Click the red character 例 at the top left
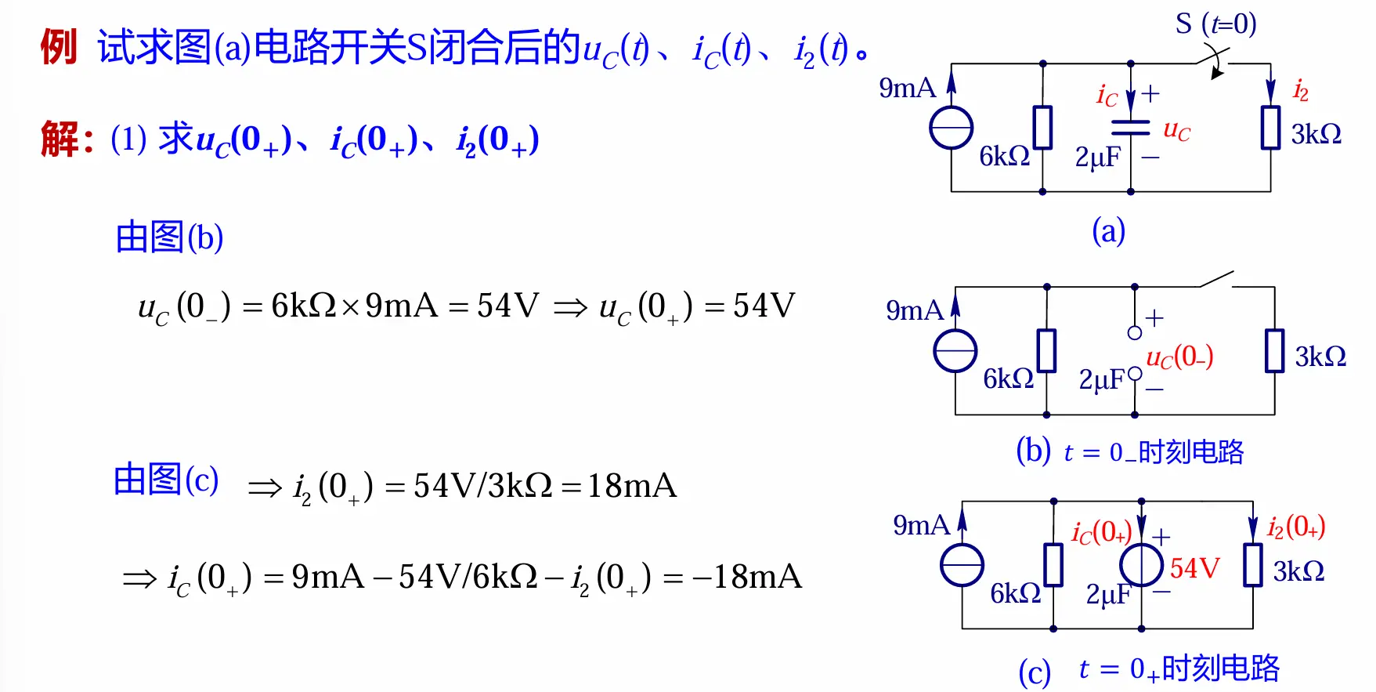point(58,47)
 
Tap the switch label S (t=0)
point(1215,24)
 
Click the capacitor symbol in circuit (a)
point(1130,127)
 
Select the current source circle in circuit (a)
point(951,128)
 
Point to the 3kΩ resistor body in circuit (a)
point(1270,127)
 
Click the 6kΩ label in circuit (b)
point(1008,379)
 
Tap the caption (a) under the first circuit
point(1108,232)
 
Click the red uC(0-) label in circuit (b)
point(1179,357)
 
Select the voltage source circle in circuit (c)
point(1141,565)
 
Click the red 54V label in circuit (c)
point(1194,567)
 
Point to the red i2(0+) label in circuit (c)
point(1295,527)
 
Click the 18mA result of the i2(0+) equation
point(631,486)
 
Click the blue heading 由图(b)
point(169,237)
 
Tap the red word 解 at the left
point(60,139)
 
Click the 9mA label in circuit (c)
point(921,525)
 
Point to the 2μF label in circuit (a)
point(1097,158)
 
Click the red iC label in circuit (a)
point(1107,96)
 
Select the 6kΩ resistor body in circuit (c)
point(1053,565)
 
